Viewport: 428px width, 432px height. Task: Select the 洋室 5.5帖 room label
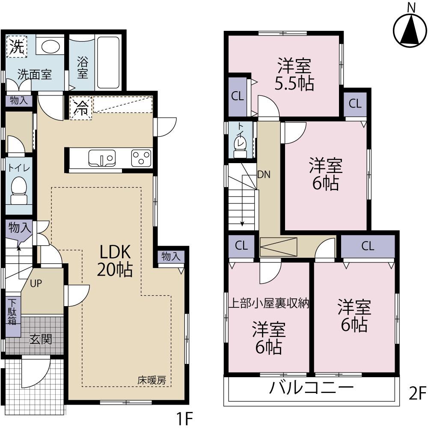click(x=294, y=75)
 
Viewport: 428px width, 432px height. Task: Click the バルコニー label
click(x=312, y=389)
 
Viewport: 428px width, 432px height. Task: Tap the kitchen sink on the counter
click(x=101, y=158)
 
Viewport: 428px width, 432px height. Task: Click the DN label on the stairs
click(x=263, y=174)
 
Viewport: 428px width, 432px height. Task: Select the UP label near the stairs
click(x=36, y=283)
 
